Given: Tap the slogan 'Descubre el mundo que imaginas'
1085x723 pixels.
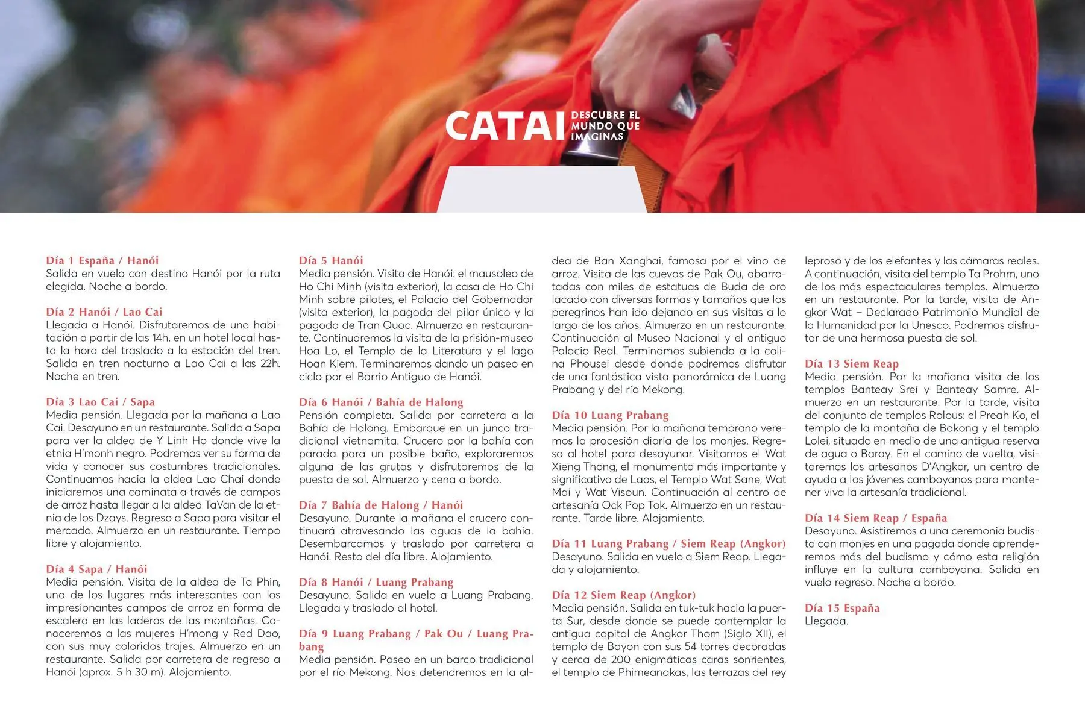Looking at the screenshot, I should tap(605, 125).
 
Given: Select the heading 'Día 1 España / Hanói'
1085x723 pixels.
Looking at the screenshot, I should tap(102, 260).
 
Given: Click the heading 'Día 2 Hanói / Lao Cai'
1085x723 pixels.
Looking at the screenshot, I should tap(104, 311).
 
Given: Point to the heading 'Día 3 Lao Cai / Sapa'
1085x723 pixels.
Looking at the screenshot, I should tap(101, 402).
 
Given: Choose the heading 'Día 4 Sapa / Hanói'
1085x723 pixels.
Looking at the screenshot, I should tap(96, 569).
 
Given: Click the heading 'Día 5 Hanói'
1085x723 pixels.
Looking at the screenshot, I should tap(331, 260).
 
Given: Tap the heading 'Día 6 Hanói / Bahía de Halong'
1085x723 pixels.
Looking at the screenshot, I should tap(381, 402).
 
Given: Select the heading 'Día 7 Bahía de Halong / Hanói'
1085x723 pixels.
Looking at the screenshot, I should tap(381, 505).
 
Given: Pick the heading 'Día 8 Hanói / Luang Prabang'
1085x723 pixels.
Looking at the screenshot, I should tap(376, 582).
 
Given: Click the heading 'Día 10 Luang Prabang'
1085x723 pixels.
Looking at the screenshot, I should tap(610, 415).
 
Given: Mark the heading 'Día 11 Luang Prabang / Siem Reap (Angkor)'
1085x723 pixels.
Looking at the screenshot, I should tap(668, 543).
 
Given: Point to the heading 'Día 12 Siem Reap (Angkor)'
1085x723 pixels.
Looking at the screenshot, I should tap(623, 595).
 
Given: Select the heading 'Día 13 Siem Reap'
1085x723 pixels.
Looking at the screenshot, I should tap(851, 363).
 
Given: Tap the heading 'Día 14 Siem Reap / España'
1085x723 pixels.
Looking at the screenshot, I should tap(875, 518).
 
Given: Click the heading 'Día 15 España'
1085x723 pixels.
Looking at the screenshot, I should tap(841, 608).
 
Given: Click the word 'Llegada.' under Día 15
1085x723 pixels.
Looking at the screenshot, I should tap(826, 621).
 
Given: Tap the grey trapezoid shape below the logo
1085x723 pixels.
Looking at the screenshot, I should tap(541, 190).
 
